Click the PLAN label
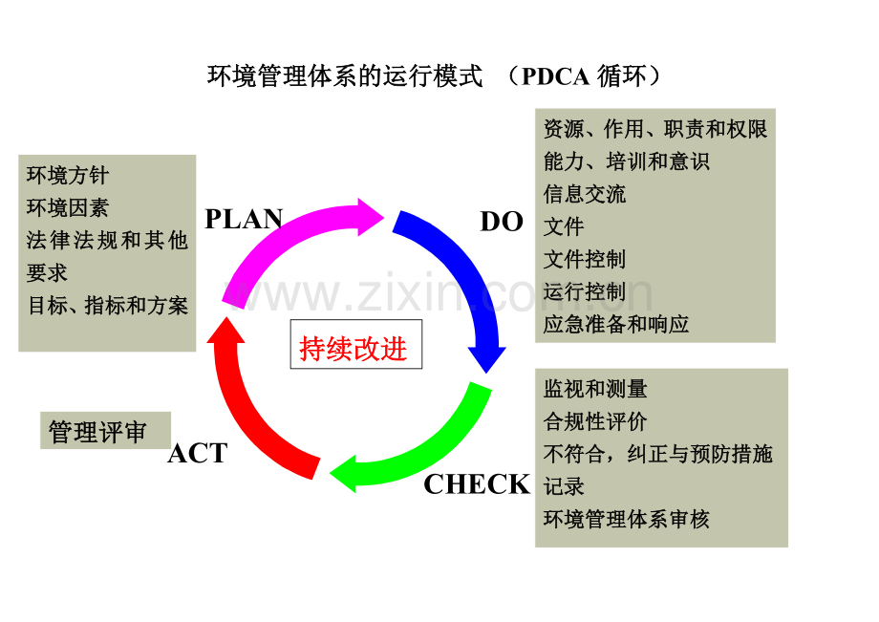point(244,219)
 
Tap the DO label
point(502,223)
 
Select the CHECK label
point(476,484)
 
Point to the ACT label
point(198,454)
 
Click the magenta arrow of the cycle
point(287,239)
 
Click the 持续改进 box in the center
point(354,349)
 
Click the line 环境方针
point(68,176)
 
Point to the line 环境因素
point(68,208)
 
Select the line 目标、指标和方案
point(107,306)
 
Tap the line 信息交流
point(585,194)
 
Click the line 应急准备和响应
point(616,324)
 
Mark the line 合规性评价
point(595,421)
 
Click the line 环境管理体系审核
point(627,519)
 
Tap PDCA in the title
point(555,77)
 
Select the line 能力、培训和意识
point(627,161)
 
